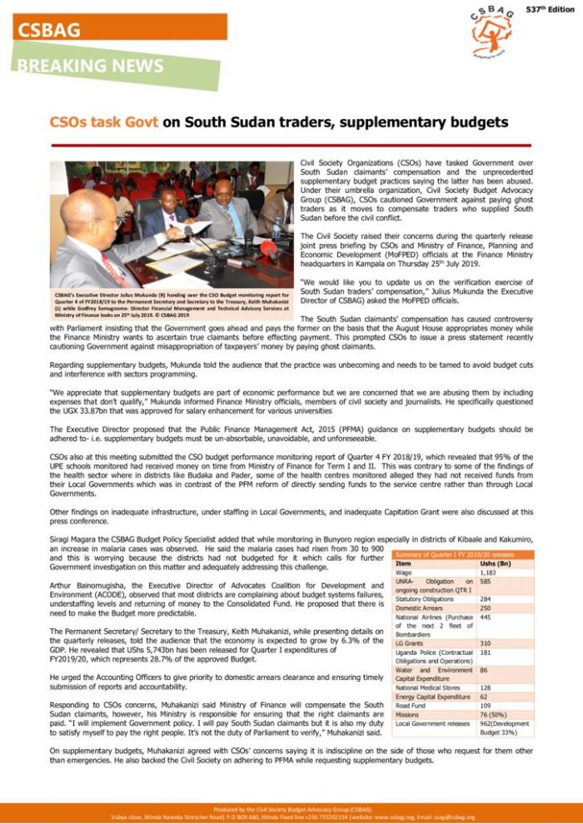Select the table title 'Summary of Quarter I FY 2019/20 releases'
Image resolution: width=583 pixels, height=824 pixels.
[456, 554]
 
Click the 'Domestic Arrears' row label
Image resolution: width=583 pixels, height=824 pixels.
[421, 608]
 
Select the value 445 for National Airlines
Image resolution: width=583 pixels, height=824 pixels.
[486, 618]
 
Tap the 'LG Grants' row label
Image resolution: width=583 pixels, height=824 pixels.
[411, 643]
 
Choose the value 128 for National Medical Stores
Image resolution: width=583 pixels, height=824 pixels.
[486, 688]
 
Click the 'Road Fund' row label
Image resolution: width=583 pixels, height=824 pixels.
[411, 706]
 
